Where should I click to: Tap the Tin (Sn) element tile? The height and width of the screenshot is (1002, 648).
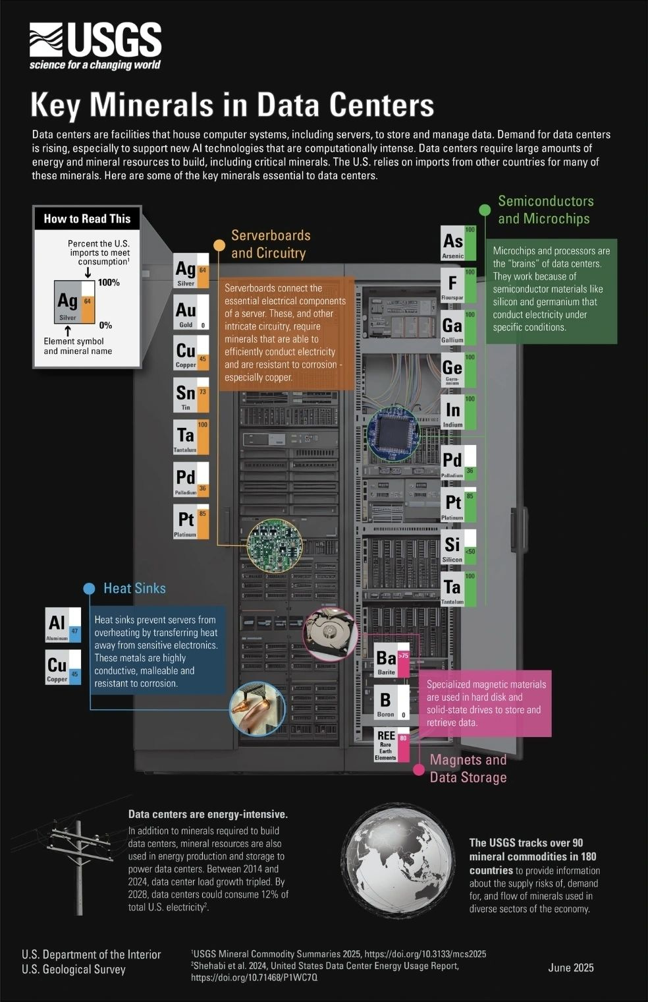(190, 395)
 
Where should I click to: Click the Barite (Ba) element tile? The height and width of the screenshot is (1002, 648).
(392, 661)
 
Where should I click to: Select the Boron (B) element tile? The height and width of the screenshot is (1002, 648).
(392, 703)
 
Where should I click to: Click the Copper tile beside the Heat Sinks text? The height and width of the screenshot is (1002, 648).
(63, 667)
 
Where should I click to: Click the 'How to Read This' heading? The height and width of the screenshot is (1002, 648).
(87, 219)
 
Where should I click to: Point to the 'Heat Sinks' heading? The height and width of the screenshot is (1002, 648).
(134, 589)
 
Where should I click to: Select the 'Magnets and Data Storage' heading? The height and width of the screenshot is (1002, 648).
(468, 769)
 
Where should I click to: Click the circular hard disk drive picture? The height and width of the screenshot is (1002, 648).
(330, 633)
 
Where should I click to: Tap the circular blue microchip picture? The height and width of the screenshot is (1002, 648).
(392, 433)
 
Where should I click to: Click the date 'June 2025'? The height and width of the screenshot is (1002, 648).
(571, 968)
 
